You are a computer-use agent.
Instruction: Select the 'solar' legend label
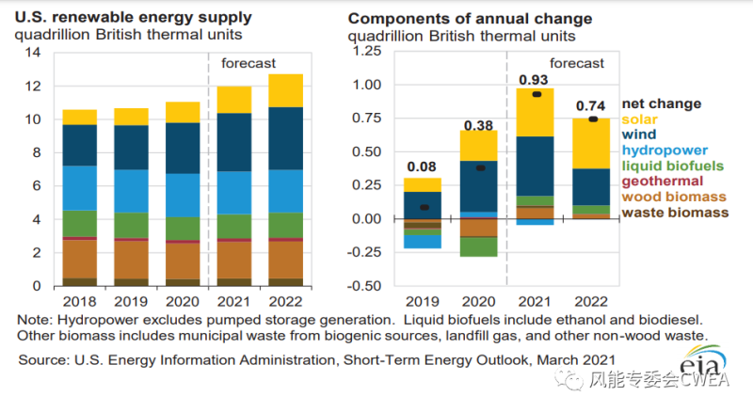tap(641, 120)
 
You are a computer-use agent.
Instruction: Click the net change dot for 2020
tap(479, 168)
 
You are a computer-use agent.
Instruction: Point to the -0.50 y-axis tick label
tap(365, 286)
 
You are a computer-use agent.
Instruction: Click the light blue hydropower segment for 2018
tap(79, 188)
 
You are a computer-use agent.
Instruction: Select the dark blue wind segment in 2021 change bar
tap(535, 166)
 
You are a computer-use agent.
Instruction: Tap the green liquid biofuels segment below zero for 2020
tap(478, 246)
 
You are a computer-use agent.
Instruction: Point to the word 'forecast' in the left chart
tap(248, 63)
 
